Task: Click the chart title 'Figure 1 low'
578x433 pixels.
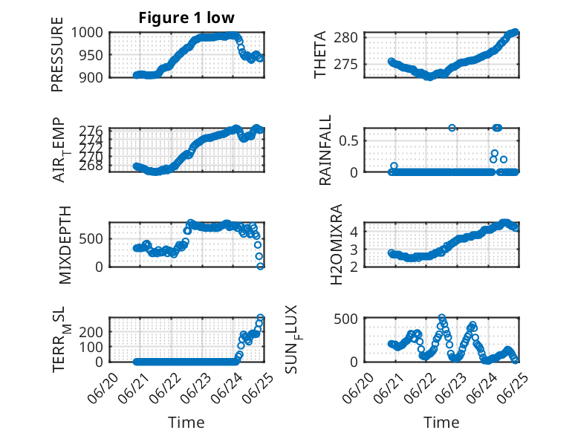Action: coord(186,18)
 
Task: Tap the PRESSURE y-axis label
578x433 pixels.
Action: coord(57,54)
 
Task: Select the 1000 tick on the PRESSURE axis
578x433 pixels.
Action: coord(88,33)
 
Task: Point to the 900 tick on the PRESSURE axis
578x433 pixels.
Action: coord(91,77)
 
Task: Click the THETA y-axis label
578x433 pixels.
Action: coord(320,54)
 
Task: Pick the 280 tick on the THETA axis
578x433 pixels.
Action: coord(345,38)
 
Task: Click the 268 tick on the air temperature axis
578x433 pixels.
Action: coord(91,166)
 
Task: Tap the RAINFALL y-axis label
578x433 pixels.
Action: coord(325,150)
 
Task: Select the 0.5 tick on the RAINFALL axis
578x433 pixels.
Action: coord(348,141)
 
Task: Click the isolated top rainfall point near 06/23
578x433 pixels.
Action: coord(452,128)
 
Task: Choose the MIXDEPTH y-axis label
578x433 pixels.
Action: coord(65,245)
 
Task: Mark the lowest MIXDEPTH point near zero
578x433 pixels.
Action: coord(260,266)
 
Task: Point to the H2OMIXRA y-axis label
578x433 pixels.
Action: coord(337,244)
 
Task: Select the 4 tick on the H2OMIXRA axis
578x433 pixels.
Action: coord(354,232)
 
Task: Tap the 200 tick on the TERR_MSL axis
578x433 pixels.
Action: coord(91,332)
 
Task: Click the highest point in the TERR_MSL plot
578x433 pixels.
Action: coord(260,317)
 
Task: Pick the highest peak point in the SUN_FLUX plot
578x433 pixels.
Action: coord(441,317)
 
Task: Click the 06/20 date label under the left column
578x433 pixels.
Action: coord(103,388)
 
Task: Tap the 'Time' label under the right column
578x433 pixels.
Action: coord(441,422)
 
